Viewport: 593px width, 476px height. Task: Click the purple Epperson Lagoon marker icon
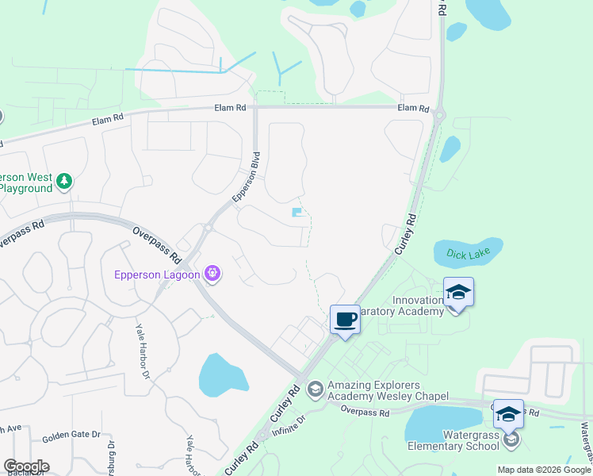(212, 275)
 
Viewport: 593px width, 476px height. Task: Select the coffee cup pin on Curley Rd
(345, 320)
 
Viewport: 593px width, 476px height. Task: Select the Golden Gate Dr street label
(71, 435)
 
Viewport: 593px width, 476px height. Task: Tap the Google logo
(26, 466)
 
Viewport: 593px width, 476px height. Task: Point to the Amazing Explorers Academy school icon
(316, 388)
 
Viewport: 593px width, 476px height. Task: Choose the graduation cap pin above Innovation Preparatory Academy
(458, 292)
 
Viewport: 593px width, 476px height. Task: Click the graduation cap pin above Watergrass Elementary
(508, 414)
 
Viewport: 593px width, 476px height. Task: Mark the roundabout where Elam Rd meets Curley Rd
(439, 116)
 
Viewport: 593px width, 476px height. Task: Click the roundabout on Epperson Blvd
(207, 228)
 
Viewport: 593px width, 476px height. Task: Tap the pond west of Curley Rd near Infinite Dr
(221, 375)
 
